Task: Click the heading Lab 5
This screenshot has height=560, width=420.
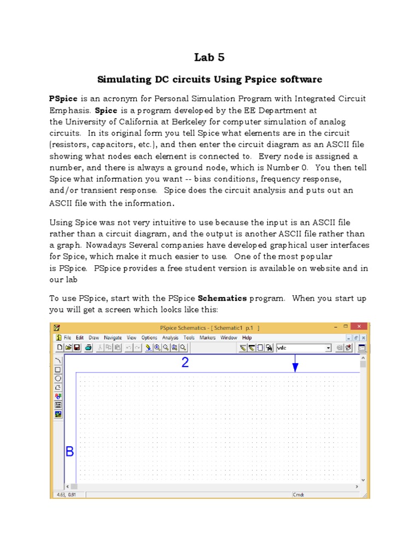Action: [209, 57]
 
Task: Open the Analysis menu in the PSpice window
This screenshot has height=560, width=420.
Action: [170, 338]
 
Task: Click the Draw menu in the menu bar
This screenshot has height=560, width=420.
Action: [94, 338]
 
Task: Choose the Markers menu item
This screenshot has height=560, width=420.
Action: [208, 338]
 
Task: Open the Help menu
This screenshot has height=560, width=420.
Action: [247, 338]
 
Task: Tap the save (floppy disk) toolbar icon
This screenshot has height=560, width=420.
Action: [77, 347]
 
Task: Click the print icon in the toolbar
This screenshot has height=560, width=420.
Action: [88, 347]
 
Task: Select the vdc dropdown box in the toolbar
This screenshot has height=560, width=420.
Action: [304, 347]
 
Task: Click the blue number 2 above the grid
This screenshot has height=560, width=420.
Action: [185, 363]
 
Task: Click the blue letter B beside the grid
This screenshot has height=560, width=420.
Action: [70, 452]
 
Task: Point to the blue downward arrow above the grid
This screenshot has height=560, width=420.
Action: [295, 364]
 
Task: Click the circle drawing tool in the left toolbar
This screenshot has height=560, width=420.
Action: [58, 378]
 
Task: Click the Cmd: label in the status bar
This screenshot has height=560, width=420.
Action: [298, 494]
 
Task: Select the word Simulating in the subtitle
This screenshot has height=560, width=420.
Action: [122, 80]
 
